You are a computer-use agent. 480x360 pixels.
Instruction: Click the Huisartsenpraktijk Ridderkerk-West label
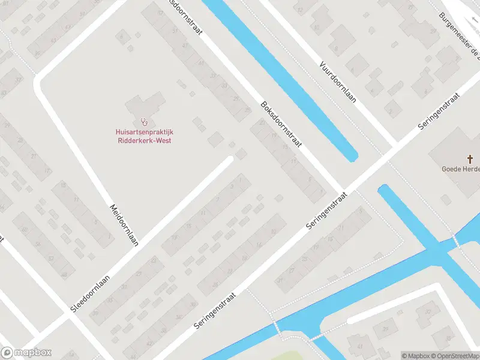pyautogui.click(x=144, y=136)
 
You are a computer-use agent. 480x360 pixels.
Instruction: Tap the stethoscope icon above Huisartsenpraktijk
pyautogui.click(x=144, y=122)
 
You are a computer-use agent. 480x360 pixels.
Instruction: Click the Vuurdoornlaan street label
pyautogui.click(x=337, y=82)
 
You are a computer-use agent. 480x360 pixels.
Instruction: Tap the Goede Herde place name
pyautogui.click(x=460, y=169)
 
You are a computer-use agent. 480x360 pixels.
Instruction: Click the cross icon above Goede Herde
pyautogui.click(x=471, y=158)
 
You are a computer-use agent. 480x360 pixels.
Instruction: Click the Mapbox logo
pyautogui.click(x=26, y=353)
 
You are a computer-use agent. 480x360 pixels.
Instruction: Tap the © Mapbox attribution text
pyautogui.click(x=414, y=356)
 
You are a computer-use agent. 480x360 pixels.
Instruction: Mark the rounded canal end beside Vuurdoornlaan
pyautogui.click(x=352, y=157)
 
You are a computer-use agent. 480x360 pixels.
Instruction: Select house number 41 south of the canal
pyautogui.click(x=359, y=346)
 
